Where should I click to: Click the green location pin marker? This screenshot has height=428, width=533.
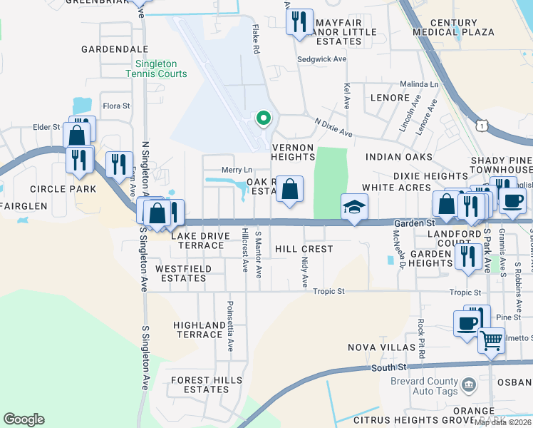[263, 118]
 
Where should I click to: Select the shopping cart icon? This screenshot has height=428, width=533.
[491, 340]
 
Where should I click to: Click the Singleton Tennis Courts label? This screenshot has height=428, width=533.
[157, 68]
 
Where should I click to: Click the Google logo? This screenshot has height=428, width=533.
[24, 419]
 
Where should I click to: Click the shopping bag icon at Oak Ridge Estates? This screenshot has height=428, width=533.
[289, 190]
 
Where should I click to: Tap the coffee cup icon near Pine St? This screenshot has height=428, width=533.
[467, 322]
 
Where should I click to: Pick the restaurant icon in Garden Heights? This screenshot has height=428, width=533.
[467, 256]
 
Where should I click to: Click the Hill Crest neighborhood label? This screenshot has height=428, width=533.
[304, 249]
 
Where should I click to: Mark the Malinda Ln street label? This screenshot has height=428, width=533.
[419, 83]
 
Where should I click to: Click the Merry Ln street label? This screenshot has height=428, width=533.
[237, 170]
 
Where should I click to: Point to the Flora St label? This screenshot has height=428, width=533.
[116, 106]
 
